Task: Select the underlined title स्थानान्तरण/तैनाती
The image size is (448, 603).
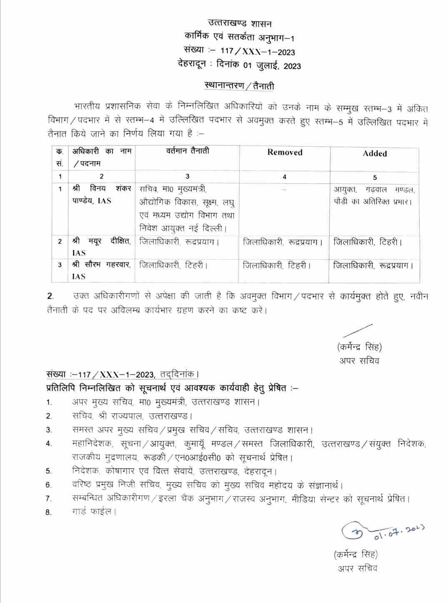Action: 239,86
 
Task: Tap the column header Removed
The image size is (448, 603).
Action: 285,153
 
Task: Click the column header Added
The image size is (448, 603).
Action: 375,153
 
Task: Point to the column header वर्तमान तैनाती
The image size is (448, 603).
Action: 187,151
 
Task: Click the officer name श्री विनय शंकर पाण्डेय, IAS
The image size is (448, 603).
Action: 102,195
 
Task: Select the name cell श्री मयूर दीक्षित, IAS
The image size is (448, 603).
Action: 102,247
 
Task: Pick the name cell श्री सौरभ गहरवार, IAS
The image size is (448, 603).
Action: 102,270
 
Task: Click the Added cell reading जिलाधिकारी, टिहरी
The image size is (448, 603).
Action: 368,242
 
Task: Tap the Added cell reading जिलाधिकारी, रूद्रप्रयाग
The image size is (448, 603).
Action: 373,265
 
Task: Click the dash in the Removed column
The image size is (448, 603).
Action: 284,189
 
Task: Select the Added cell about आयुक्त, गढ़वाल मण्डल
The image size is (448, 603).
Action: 375,195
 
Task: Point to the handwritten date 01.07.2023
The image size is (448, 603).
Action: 398,532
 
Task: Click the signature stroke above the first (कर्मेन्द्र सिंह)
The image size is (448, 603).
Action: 357,330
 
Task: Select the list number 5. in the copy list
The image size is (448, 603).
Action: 49,471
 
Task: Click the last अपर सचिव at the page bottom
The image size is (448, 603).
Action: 358,568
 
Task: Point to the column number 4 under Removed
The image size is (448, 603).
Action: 284,177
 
